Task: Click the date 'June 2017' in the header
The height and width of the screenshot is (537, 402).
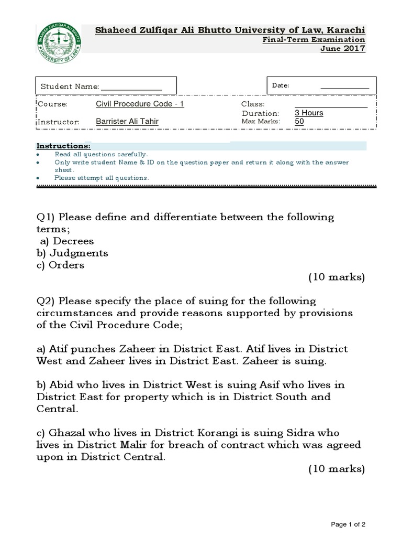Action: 343,49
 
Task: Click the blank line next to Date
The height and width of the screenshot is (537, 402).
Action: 344,85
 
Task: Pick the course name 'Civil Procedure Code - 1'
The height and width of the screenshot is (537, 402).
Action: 140,104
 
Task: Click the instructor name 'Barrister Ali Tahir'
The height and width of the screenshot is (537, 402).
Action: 127,122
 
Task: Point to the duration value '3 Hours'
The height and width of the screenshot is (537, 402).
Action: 309,113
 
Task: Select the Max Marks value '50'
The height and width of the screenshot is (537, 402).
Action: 299,122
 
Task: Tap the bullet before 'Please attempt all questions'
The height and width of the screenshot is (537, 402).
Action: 38,178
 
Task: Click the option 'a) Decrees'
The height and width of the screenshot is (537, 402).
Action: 67,241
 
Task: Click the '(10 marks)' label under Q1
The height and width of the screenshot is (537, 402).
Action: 336,277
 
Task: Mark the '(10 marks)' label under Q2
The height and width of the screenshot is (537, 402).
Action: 336,468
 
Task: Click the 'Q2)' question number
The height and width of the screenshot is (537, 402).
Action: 46,301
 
